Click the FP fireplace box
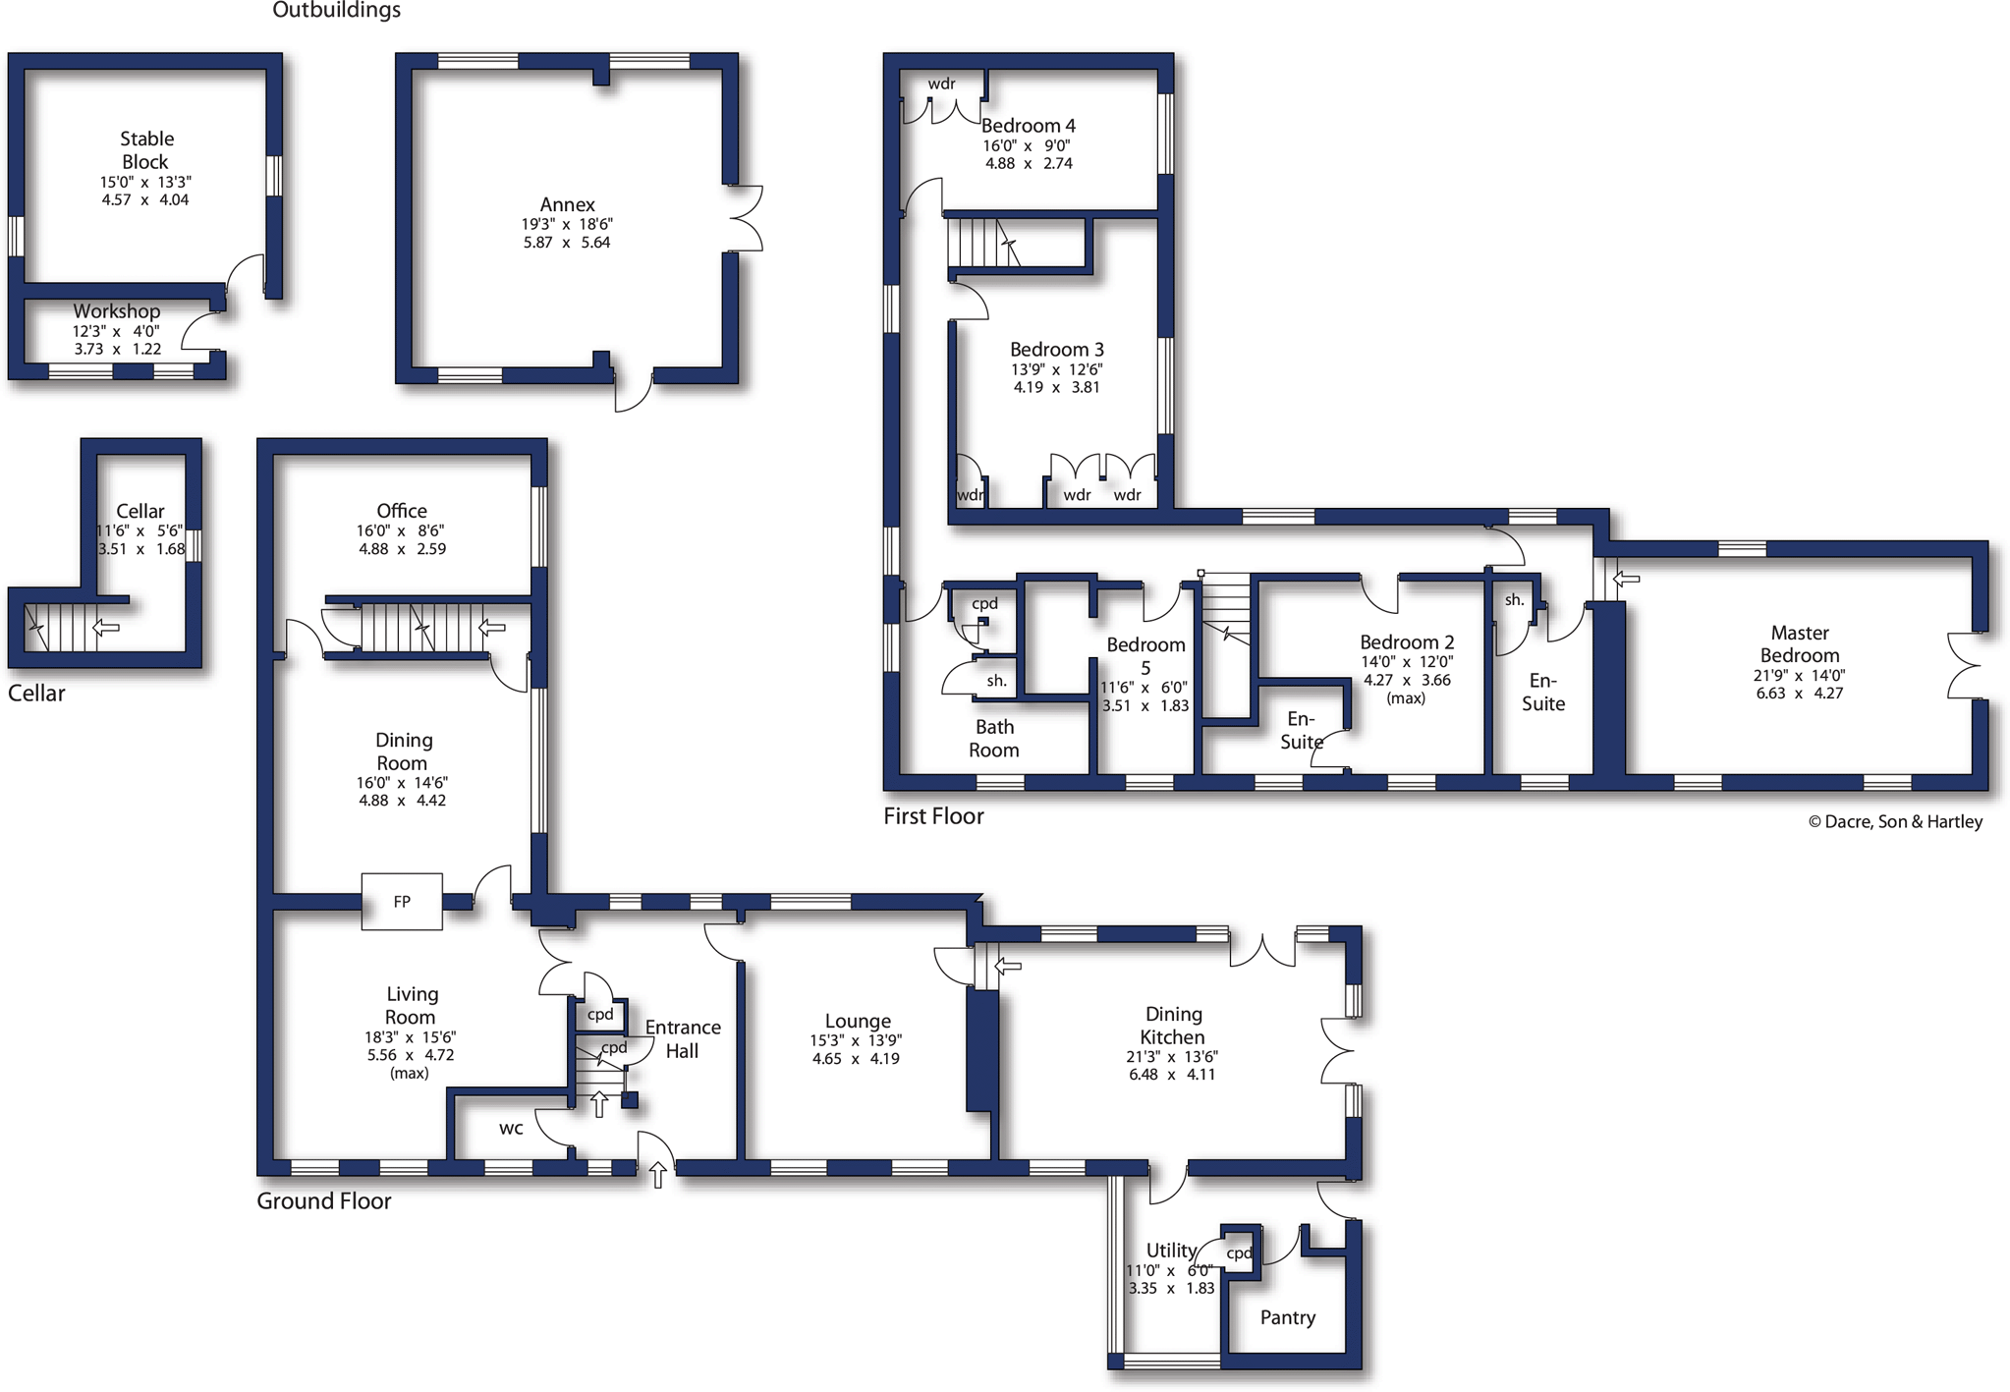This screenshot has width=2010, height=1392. coord(401,901)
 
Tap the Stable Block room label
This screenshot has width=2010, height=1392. coord(145,150)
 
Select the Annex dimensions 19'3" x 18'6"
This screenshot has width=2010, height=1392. coord(567,225)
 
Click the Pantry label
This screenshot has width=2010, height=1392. coord(1287,1317)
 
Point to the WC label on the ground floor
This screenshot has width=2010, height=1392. coord(511,1129)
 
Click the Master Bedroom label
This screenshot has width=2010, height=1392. coord(1799,644)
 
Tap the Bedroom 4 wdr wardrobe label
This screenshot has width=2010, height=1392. coord(941,84)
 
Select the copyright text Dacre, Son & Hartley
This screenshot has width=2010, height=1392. coord(1895,822)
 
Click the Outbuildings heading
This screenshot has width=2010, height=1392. coord(336,11)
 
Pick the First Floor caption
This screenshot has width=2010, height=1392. coord(932,816)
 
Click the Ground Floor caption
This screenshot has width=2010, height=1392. coord(323,1201)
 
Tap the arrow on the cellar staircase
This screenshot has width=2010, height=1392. coord(105,627)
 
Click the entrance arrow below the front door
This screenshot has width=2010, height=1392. coord(657,1174)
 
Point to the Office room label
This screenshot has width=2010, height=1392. coord(402,511)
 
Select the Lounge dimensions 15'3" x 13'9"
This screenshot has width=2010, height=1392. coord(856,1040)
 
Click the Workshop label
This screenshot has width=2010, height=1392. coord(116,311)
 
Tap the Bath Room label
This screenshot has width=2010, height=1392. coord(994,739)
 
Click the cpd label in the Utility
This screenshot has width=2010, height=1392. coord(1239,1253)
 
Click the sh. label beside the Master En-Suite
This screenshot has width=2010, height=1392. coord(1514,600)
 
